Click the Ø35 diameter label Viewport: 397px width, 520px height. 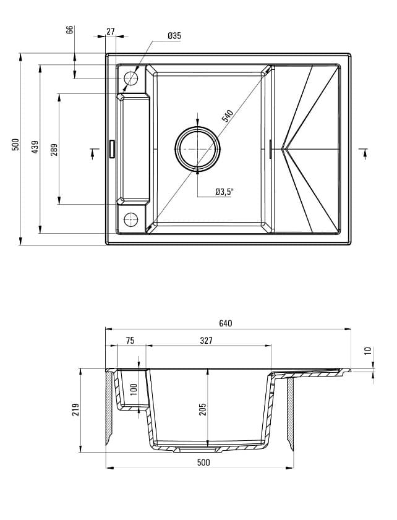(174, 36)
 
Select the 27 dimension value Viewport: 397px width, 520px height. (111, 31)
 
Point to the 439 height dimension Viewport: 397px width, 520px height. (35, 147)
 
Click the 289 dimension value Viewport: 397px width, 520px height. (54, 149)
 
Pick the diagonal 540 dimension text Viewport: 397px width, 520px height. (227, 116)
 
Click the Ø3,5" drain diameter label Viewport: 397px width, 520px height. (224, 192)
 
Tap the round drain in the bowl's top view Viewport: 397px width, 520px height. (197, 148)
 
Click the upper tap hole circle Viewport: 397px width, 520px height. (131, 79)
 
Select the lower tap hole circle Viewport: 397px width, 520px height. (131, 219)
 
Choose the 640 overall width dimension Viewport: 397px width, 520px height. (225, 323)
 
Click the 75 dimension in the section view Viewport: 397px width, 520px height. (130, 341)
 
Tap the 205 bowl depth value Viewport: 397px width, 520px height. (202, 409)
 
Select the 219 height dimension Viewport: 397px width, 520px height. (75, 409)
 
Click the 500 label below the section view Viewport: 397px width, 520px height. (203, 462)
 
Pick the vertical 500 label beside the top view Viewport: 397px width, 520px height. (16, 144)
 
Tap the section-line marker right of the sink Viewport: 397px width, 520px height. (364, 153)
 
